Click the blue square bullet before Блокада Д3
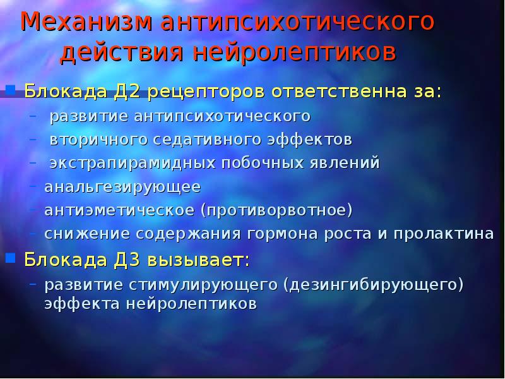tap(11, 257)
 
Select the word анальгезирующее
tap(122, 187)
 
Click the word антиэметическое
tap(120, 210)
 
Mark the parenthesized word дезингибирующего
tap(373, 284)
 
